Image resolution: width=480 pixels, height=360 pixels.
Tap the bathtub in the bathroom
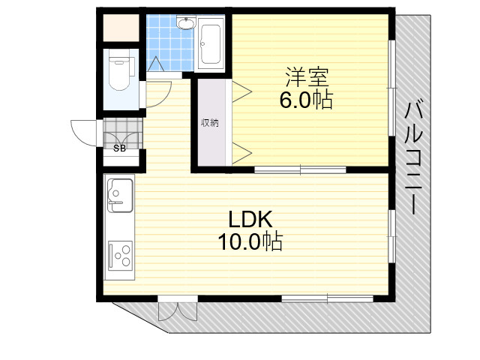click(210, 43)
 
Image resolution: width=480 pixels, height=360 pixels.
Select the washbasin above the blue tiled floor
click(185, 22)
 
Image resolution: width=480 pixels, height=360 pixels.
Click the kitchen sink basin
click(120, 195)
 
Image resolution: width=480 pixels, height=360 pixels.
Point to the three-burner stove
click(120, 256)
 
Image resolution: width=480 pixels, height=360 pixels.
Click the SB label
click(119, 148)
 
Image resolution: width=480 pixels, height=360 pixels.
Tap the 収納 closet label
click(210, 123)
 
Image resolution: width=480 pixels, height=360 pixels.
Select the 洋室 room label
click(307, 76)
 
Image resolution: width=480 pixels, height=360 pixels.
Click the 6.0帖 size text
click(306, 100)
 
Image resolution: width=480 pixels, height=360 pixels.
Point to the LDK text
click(250, 219)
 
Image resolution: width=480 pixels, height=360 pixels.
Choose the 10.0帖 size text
click(250, 241)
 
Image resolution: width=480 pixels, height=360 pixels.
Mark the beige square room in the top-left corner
click(121, 28)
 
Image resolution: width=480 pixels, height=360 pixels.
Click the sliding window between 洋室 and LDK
click(300, 169)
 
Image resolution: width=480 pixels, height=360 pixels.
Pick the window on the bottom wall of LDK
click(328, 298)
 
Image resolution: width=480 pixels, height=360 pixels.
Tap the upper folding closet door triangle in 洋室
click(241, 91)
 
